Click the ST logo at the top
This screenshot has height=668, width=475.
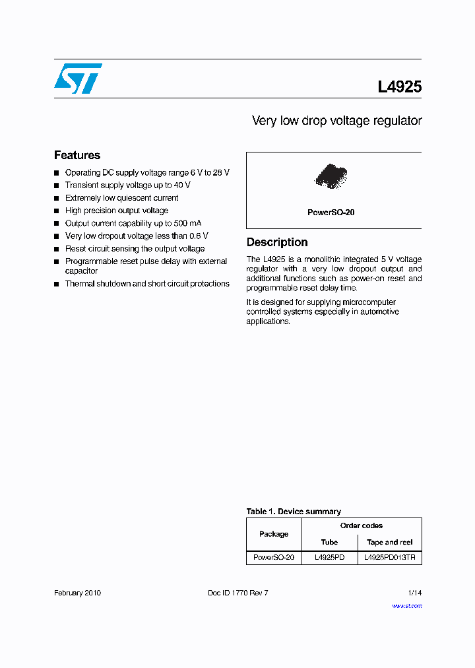(x=78, y=79)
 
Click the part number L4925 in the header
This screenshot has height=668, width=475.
(x=399, y=87)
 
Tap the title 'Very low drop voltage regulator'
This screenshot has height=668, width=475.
(x=336, y=121)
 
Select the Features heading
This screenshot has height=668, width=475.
(x=77, y=155)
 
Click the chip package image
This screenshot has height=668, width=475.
(x=331, y=176)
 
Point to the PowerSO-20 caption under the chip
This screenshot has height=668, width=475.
(x=331, y=213)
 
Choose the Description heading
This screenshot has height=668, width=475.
(x=277, y=242)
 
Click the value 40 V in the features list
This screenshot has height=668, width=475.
(x=183, y=185)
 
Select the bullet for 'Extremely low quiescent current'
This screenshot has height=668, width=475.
(x=57, y=198)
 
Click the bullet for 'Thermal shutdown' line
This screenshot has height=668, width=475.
(x=57, y=284)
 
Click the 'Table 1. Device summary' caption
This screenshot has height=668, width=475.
(x=294, y=512)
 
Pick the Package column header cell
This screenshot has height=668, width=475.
(x=274, y=534)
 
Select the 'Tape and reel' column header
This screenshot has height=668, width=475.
(x=390, y=542)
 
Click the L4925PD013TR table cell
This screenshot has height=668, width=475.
(x=390, y=558)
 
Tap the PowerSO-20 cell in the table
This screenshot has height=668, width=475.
(x=274, y=558)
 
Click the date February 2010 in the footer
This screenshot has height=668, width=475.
(x=77, y=593)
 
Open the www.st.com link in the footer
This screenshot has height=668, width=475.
(x=407, y=605)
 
